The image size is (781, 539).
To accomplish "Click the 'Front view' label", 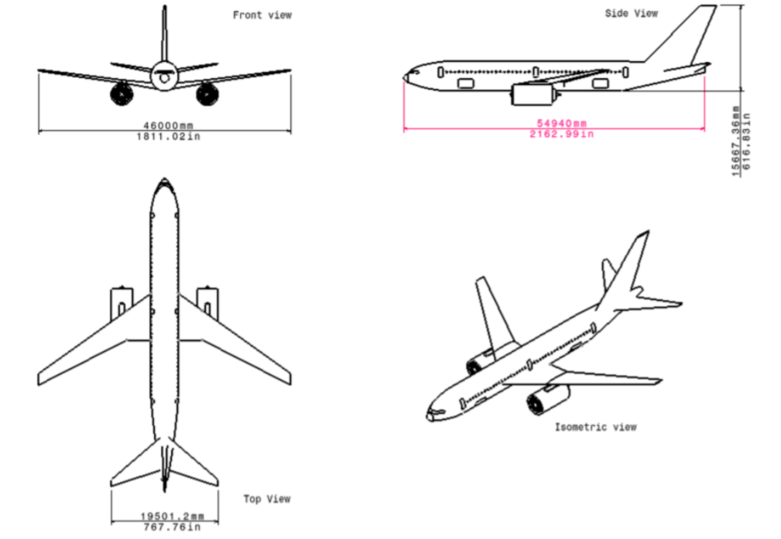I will (262, 15).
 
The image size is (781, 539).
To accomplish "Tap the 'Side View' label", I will (631, 13).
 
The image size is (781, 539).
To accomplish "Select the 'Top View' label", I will (267, 499).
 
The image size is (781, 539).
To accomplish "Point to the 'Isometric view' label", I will (595, 427).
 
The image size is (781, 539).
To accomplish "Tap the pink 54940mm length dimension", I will (561, 123).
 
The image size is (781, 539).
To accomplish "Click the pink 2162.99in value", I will (561, 134).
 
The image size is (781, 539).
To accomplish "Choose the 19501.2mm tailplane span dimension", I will (172, 516).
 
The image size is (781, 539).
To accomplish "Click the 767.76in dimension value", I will (172, 527).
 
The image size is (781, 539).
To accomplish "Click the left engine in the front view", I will (122, 94).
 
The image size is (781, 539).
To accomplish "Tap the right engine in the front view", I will (207, 94).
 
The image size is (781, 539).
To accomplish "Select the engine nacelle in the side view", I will (533, 95).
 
